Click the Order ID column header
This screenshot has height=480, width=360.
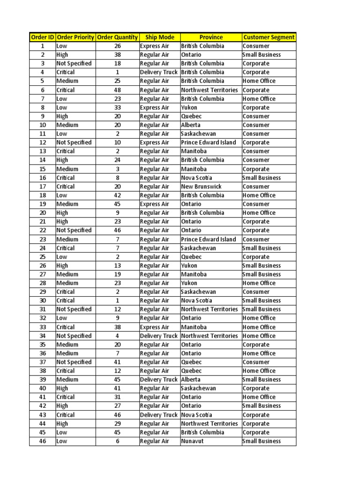[x=42, y=37]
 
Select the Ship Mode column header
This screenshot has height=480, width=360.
[x=160, y=37]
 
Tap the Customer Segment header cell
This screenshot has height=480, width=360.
[x=269, y=37]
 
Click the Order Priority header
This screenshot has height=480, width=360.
[x=75, y=37]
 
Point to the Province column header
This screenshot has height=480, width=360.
[x=211, y=37]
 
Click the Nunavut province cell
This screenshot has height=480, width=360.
[x=193, y=441]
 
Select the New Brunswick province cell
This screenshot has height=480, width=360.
[x=202, y=187]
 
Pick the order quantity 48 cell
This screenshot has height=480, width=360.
[x=117, y=90]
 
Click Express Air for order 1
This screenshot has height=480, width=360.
[x=155, y=46]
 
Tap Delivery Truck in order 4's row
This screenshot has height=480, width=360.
[x=159, y=72]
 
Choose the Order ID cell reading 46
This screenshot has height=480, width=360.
[x=42, y=441]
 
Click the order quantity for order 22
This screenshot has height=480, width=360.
[x=117, y=230]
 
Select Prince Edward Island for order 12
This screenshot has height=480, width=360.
[x=209, y=142]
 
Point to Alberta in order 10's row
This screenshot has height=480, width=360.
[x=191, y=125]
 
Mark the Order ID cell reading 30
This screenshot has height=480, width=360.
[x=42, y=300]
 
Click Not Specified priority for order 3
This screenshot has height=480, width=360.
[x=74, y=63]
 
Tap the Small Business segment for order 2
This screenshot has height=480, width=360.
[x=262, y=55]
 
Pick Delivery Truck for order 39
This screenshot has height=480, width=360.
[x=159, y=380]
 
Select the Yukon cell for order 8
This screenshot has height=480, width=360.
[x=189, y=107]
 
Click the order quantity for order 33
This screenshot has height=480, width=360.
[x=117, y=327]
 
